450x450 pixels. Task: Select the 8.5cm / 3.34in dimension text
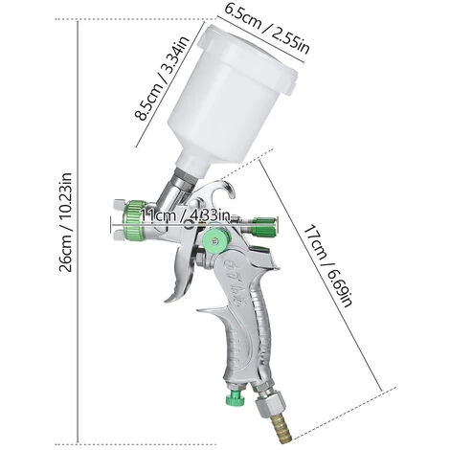[154, 96]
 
